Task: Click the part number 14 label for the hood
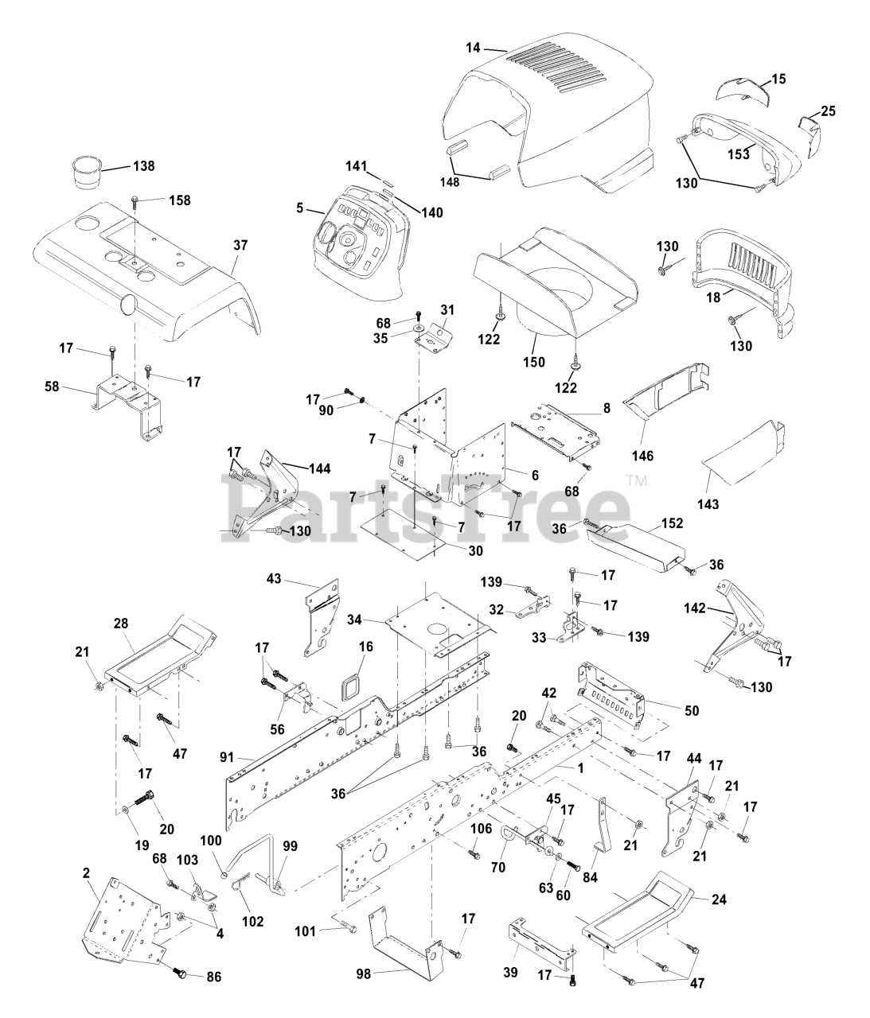(474, 49)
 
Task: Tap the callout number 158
(180, 200)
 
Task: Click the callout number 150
(534, 362)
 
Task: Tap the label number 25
(828, 111)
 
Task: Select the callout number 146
(642, 456)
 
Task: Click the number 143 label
(708, 503)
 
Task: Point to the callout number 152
(673, 525)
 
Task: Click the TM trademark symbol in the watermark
(637, 480)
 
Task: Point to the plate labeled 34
(430, 620)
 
